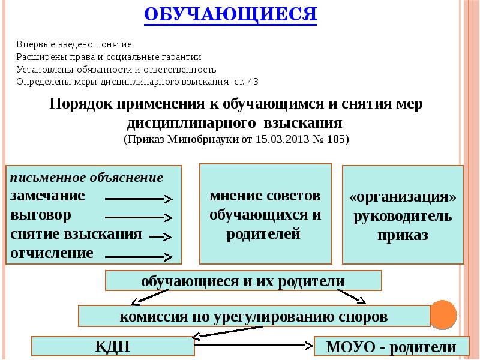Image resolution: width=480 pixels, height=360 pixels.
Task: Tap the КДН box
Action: (x=112, y=346)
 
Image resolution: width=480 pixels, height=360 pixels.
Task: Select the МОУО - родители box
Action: (x=391, y=347)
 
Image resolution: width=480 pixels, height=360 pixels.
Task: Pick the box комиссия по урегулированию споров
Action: (x=253, y=316)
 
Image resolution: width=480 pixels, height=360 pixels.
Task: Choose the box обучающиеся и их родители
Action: (x=243, y=281)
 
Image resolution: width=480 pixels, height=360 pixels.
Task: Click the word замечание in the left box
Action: (x=47, y=196)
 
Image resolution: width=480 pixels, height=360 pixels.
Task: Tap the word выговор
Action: (x=41, y=214)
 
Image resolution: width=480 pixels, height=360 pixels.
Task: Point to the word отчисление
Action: (x=52, y=253)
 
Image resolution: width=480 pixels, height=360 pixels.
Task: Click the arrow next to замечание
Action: (x=139, y=198)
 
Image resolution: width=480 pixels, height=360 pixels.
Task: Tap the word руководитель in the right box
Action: (x=403, y=216)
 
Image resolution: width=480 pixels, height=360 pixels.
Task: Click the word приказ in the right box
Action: (x=403, y=235)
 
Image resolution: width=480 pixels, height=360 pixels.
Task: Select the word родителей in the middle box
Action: (x=263, y=234)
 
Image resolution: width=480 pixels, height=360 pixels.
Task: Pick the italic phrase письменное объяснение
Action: (x=86, y=178)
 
